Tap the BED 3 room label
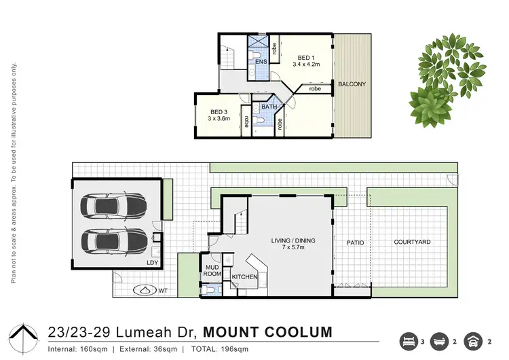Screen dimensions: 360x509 tap(219, 111)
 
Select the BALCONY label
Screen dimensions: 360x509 tap(352, 84)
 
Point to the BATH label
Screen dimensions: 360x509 tap(269, 107)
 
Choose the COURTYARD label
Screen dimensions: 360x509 tap(412, 242)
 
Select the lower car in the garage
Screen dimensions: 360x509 tap(113, 239)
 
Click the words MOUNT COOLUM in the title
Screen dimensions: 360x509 tap(268, 332)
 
